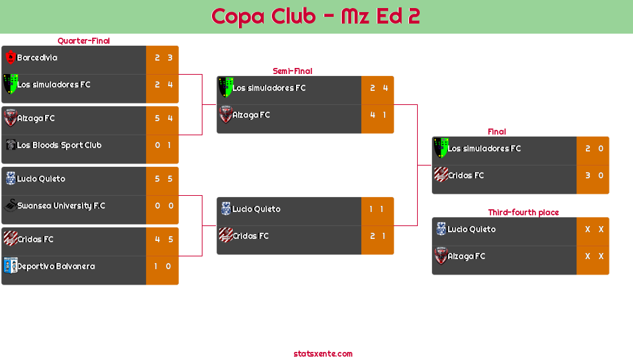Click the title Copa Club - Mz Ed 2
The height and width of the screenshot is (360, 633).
point(315,16)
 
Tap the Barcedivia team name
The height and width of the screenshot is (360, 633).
point(37,58)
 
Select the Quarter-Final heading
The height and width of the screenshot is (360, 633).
point(83,40)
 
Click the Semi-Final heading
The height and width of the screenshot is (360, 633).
point(291,71)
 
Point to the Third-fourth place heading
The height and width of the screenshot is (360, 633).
point(523,212)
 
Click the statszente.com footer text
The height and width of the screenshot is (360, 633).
point(323,353)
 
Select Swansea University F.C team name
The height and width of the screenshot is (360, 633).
point(61,206)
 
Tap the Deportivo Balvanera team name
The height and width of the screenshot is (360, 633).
point(56,266)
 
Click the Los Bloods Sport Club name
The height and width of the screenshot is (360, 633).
point(59,145)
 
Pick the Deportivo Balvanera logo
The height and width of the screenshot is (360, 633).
point(10,265)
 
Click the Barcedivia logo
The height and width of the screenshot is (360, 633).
point(10,57)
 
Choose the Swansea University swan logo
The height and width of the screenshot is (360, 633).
point(10,205)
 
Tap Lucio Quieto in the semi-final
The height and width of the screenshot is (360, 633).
point(256,209)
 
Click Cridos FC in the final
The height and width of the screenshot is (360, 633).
point(466,176)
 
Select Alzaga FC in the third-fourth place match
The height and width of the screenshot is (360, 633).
point(466,256)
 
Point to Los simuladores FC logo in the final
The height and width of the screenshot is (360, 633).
point(441,147)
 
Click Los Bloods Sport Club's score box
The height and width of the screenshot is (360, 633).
point(162,145)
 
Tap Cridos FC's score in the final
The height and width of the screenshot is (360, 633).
point(593,176)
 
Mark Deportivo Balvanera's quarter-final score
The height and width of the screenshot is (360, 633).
point(162,266)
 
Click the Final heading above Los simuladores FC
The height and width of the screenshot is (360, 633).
point(496,132)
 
